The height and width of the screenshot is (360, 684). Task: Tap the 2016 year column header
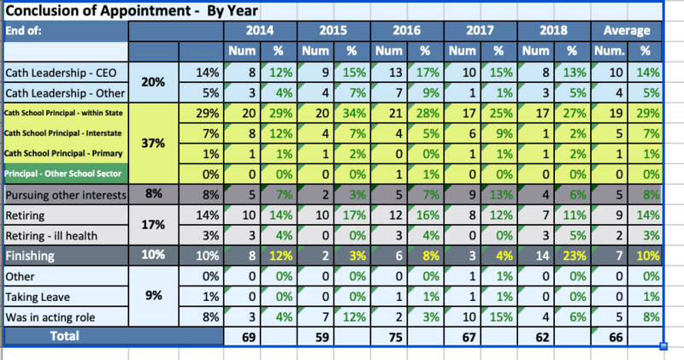click(408, 30)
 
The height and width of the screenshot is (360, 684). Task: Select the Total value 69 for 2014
click(244, 336)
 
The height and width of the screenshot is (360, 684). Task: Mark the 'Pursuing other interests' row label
click(66, 195)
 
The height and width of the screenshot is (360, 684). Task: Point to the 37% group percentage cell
click(153, 144)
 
